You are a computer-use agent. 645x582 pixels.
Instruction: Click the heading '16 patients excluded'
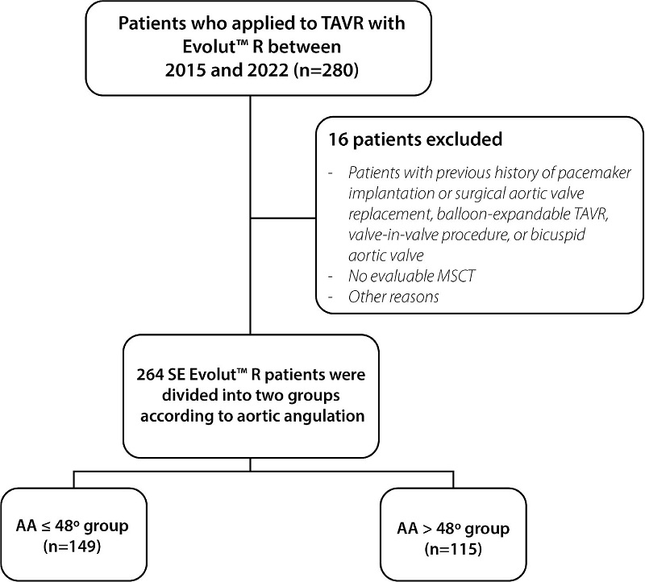(414, 139)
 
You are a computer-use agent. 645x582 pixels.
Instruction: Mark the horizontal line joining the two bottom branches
(252, 472)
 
